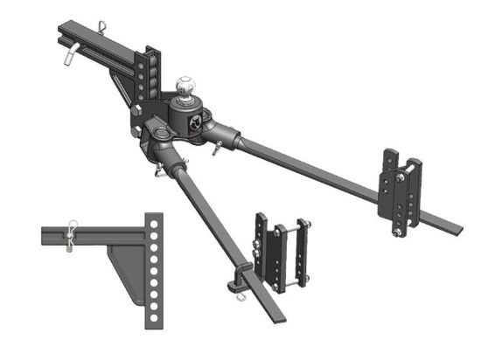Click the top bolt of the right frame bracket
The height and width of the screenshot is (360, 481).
pos(399,179)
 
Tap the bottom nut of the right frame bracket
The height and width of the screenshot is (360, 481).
pos(399,233)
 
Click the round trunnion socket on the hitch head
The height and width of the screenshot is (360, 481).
pos(163,132)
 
